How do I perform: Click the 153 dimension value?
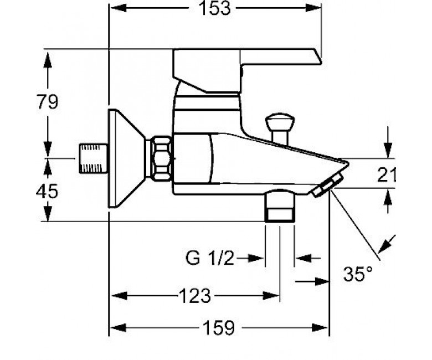tap(214, 8)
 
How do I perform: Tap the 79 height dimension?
tap(48, 102)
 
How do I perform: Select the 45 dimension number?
tap(47, 191)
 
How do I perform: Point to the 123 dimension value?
tap(195, 296)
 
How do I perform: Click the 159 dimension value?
tap(219, 328)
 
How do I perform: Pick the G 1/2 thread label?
tap(210, 258)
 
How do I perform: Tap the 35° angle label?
tap(358, 274)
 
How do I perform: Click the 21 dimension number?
tap(386, 174)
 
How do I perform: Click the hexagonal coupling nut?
tap(162, 158)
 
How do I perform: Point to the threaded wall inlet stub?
tap(94, 158)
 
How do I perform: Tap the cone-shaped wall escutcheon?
tap(127, 158)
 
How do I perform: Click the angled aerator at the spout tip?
tap(327, 184)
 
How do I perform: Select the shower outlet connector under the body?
tap(280, 205)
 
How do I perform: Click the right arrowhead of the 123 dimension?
tap(271, 296)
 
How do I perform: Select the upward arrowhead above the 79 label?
tap(48, 60)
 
